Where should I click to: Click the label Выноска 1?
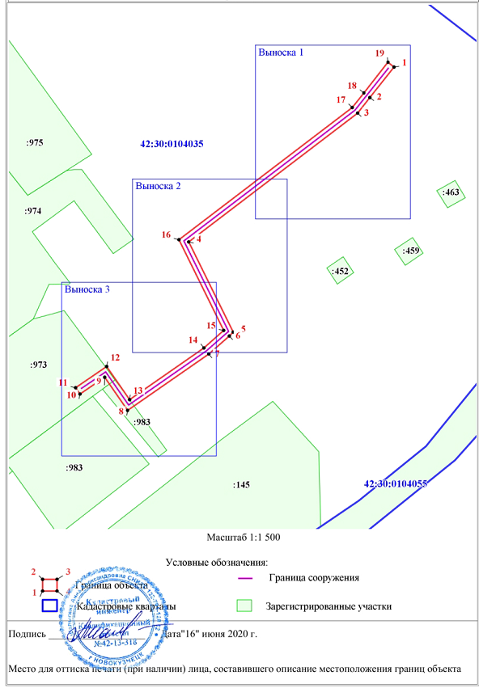pyautogui.click(x=281, y=53)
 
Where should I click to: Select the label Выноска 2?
pyautogui.click(x=158, y=186)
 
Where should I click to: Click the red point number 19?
pyautogui.click(x=379, y=53)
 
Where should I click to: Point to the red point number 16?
pyautogui.click(x=166, y=235)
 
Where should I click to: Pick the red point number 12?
pyautogui.click(x=115, y=357)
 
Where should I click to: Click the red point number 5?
pyautogui.click(x=243, y=328)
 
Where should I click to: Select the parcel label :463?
pyautogui.click(x=451, y=192)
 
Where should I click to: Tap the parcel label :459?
pyautogui.click(x=411, y=251)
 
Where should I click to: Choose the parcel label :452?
pyautogui.click(x=340, y=272)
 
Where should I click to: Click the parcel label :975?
pyautogui.click(x=34, y=142)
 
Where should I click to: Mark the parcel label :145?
pyautogui.click(x=239, y=484)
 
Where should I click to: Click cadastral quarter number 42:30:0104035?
pyautogui.click(x=172, y=144)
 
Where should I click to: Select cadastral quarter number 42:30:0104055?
pyautogui.click(x=395, y=483)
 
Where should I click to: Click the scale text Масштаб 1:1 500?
pyautogui.click(x=244, y=536)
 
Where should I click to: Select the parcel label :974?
pyautogui.click(x=33, y=210)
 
